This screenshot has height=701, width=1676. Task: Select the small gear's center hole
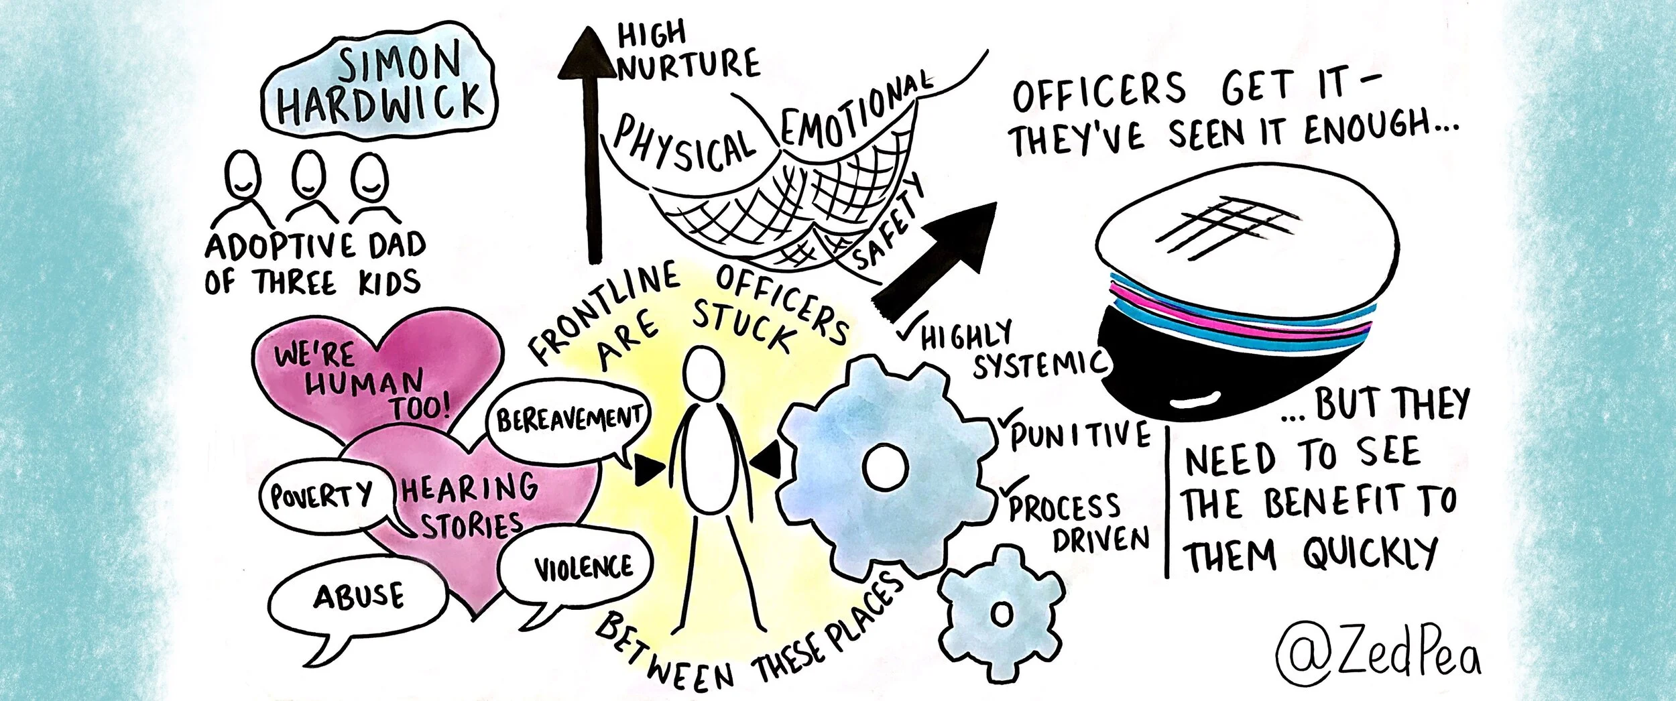[1002, 615]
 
